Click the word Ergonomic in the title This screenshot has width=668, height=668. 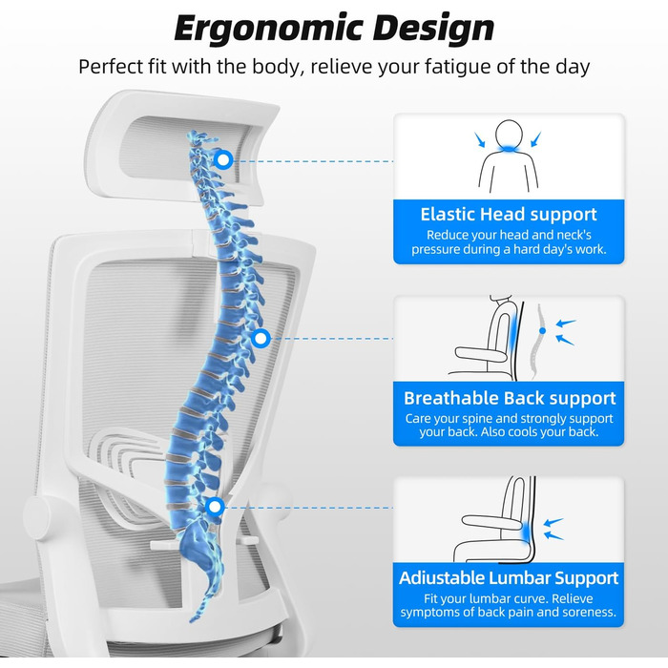click(269, 29)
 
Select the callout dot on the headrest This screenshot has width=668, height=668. click(222, 159)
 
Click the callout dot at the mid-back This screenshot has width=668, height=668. click(261, 339)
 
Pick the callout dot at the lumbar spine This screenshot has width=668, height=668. click(215, 507)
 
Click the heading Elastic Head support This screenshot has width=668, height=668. click(509, 215)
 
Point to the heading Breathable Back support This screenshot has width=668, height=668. click(510, 398)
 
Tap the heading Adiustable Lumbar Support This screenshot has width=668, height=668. click(509, 578)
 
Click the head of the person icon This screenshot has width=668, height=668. click(509, 136)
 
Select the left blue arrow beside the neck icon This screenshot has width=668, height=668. click(480, 139)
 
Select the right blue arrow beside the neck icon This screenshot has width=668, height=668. click(536, 139)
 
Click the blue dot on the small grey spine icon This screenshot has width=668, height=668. click(542, 330)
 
